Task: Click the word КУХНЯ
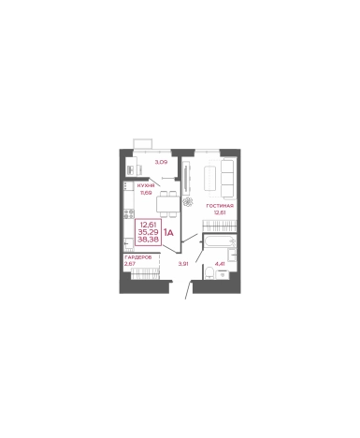(145, 186)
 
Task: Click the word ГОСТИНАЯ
(221, 204)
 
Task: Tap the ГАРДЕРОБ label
(137, 256)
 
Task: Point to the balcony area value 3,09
(161, 163)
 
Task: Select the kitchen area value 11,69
(145, 193)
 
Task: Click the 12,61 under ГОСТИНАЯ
(221, 212)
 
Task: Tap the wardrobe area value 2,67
(129, 263)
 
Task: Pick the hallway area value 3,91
(184, 263)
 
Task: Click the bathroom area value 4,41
(221, 263)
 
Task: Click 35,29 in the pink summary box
(148, 231)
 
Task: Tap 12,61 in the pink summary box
(148, 224)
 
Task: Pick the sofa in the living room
(227, 175)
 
